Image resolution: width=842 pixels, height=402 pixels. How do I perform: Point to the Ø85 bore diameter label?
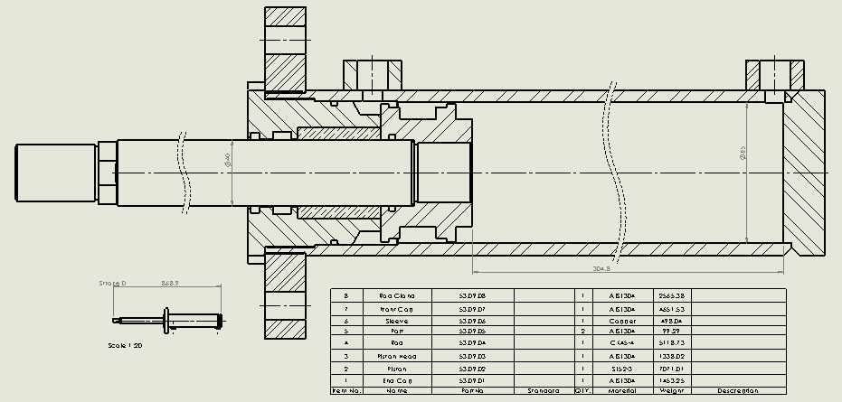743,154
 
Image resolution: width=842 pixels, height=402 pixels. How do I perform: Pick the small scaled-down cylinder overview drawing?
167,319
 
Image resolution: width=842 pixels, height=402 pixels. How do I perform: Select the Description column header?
736,391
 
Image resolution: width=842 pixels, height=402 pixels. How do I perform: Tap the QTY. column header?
582,391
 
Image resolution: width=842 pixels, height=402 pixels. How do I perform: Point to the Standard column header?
544,391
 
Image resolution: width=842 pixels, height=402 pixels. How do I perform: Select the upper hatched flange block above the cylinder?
286,45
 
